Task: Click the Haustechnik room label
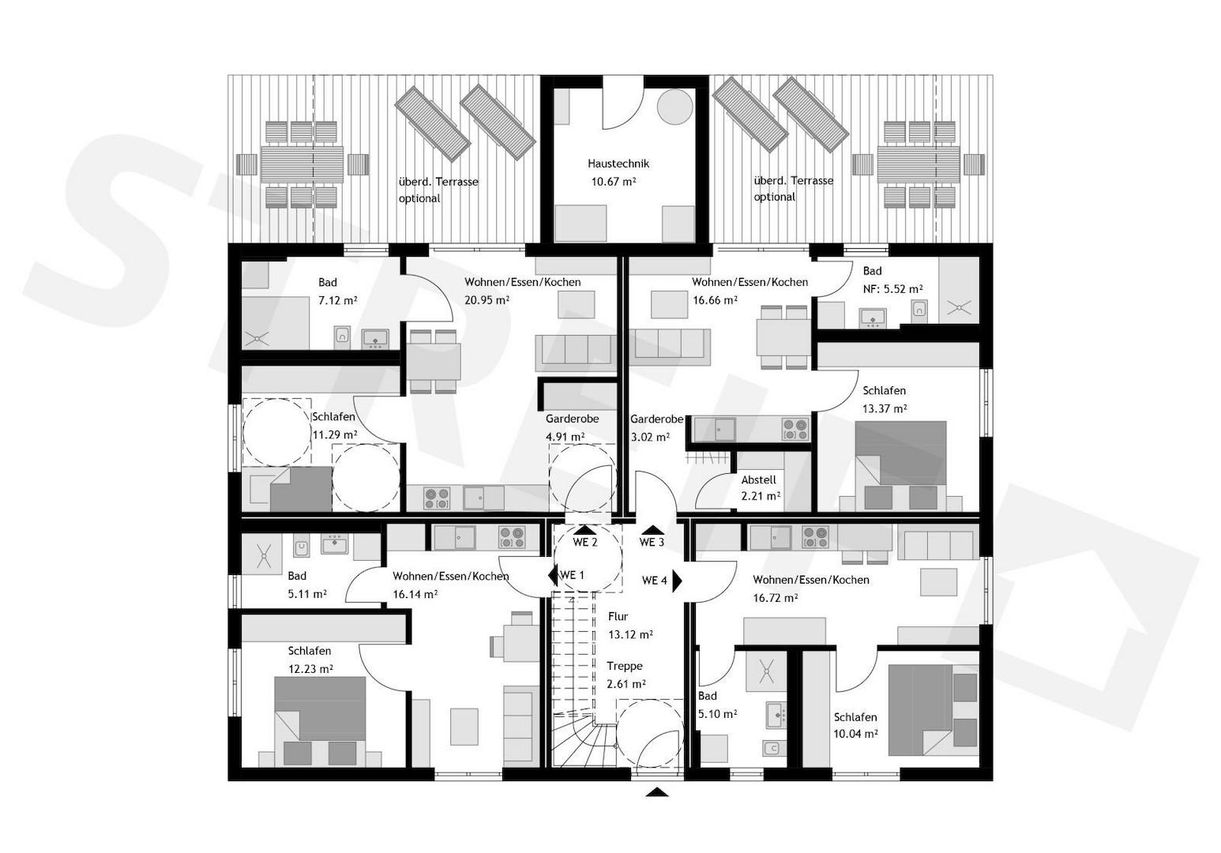pyautogui.click(x=618, y=163)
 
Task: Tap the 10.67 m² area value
pyautogui.click(x=614, y=182)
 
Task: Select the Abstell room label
pyautogui.click(x=758, y=480)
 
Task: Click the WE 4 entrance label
pyautogui.click(x=654, y=581)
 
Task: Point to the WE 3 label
pyautogui.click(x=652, y=543)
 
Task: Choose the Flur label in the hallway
pyautogui.click(x=618, y=616)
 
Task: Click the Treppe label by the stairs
pyautogui.click(x=625, y=666)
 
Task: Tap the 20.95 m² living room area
pyautogui.click(x=487, y=300)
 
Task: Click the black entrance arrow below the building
pyautogui.click(x=657, y=792)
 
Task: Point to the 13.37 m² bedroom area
pyautogui.click(x=884, y=409)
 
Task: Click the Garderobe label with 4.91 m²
pyautogui.click(x=572, y=419)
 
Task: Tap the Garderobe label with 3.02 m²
pyautogui.click(x=657, y=419)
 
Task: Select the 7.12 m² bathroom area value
pyautogui.click(x=337, y=300)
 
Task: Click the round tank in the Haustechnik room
pyautogui.click(x=674, y=107)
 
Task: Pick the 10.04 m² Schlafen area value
pyautogui.click(x=855, y=735)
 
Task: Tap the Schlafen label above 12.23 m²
pyautogui.click(x=309, y=651)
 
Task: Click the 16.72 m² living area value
pyautogui.click(x=775, y=598)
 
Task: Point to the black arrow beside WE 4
pyautogui.click(x=677, y=581)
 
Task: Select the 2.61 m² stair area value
pyautogui.click(x=626, y=684)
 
